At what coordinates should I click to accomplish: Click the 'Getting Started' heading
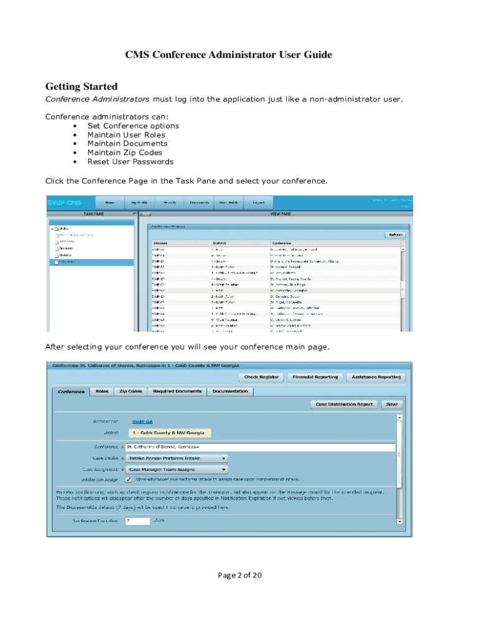(x=81, y=86)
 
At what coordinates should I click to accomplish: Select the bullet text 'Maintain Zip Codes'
(x=124, y=153)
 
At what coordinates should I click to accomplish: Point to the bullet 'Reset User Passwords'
(x=130, y=161)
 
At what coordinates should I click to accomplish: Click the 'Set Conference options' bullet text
(x=133, y=126)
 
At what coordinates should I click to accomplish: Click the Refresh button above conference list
(x=395, y=235)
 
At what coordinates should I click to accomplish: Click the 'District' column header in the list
(x=219, y=242)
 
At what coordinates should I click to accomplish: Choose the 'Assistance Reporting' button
(x=376, y=377)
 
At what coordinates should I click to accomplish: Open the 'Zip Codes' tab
(x=131, y=391)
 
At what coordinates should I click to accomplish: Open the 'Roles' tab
(x=101, y=391)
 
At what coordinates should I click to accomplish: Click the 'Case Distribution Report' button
(x=344, y=404)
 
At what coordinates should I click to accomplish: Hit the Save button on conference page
(x=392, y=404)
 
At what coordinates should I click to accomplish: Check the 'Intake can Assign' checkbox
(x=128, y=480)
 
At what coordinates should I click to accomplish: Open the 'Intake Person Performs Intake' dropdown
(x=176, y=458)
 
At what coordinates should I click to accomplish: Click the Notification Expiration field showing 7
(x=137, y=520)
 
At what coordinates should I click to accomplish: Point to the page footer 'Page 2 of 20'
(x=240, y=575)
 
